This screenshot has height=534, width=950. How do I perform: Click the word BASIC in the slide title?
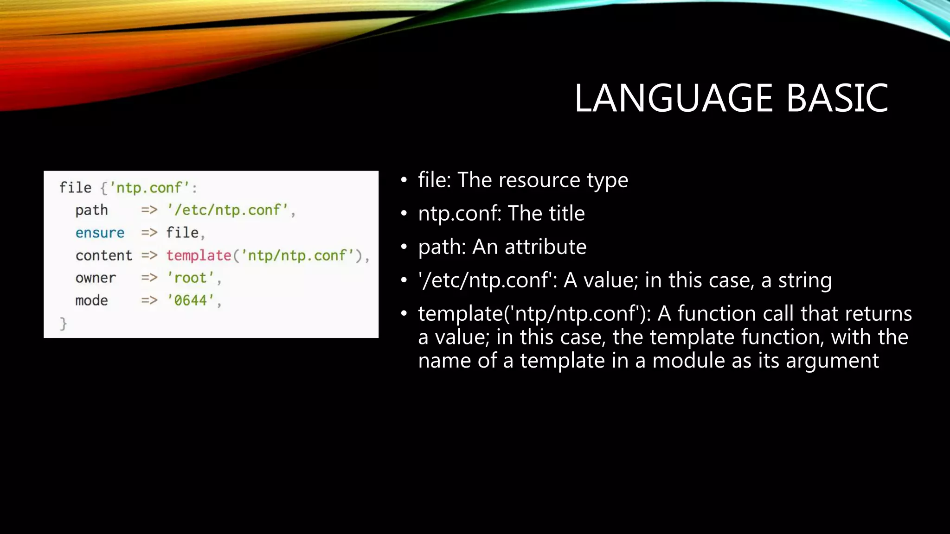pyautogui.click(x=837, y=98)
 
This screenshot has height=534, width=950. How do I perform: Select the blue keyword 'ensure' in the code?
pyautogui.click(x=100, y=233)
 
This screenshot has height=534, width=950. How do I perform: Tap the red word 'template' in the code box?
pyautogui.click(x=199, y=255)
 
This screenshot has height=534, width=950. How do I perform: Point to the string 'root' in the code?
pyautogui.click(x=190, y=278)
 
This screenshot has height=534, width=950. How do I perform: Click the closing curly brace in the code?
pyautogui.click(x=64, y=323)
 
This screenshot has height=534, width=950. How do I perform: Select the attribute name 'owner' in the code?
pyautogui.click(x=96, y=278)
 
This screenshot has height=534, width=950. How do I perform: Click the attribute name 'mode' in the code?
pyautogui.click(x=91, y=300)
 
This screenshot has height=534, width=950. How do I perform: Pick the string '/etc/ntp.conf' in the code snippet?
pyautogui.click(x=228, y=210)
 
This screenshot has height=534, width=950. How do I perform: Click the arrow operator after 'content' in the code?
pyautogui.click(x=149, y=255)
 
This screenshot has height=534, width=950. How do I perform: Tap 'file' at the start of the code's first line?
pyautogui.click(x=75, y=187)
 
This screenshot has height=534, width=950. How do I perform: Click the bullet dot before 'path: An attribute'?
pyautogui.click(x=404, y=247)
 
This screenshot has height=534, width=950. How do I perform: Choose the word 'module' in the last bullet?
pyautogui.click(x=688, y=361)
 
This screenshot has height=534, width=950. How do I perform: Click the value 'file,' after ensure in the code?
pyautogui.click(x=185, y=233)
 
